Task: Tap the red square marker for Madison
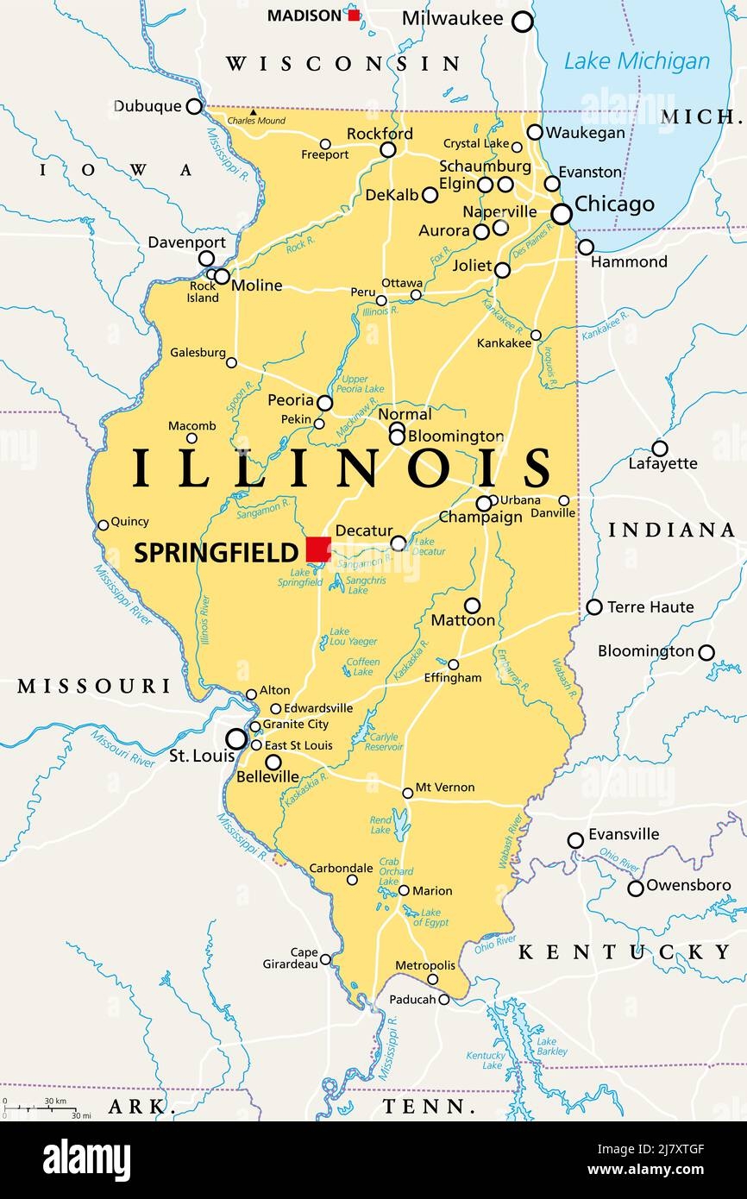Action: [354, 15]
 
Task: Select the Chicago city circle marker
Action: [562, 213]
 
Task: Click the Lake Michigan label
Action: [637, 61]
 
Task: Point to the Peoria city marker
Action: [324, 403]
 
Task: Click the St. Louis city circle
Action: [236, 738]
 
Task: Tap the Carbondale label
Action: [341, 868]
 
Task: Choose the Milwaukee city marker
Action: [523, 22]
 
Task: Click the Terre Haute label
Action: [650, 607]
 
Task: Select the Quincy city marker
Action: [104, 524]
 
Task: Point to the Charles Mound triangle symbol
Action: [253, 112]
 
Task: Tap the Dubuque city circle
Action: [195, 106]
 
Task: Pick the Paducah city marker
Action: [443, 1000]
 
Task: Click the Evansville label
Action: [623, 834]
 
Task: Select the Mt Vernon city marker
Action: [407, 793]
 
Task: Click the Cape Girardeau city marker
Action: [325, 959]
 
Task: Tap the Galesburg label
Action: [198, 353]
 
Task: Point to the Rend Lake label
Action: [380, 824]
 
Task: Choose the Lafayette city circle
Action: [660, 449]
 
